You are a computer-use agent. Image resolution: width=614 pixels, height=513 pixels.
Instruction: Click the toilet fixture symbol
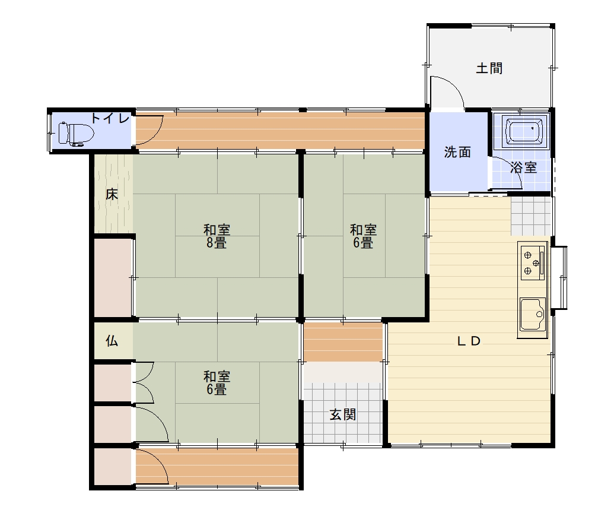[x=76, y=134]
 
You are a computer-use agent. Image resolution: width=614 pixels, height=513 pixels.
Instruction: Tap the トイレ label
[x=110, y=118]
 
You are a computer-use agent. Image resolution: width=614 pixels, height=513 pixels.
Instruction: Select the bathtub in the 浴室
[x=524, y=131]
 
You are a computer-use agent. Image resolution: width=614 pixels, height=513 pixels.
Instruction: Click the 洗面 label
[x=457, y=152]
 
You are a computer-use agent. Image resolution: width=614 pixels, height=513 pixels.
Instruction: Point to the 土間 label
[x=489, y=68]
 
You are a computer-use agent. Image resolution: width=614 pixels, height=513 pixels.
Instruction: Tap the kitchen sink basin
[x=533, y=314]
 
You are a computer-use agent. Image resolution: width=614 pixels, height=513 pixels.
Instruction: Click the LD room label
[x=469, y=341]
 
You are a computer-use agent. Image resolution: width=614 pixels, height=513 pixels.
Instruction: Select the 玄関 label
[x=343, y=414]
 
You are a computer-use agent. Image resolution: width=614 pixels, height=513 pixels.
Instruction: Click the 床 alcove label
[x=112, y=194]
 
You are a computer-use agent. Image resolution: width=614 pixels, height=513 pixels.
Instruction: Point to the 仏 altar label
[x=112, y=341]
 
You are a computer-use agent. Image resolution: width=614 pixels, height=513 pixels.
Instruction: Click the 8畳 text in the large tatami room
[x=217, y=243]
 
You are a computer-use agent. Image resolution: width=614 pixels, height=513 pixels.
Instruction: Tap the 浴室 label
[x=524, y=167]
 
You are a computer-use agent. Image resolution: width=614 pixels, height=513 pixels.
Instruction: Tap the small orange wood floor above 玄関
[x=343, y=342]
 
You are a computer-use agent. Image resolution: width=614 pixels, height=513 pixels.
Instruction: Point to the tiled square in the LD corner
[x=530, y=216]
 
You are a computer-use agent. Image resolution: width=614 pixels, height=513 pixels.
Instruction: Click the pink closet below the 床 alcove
[x=113, y=277]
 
